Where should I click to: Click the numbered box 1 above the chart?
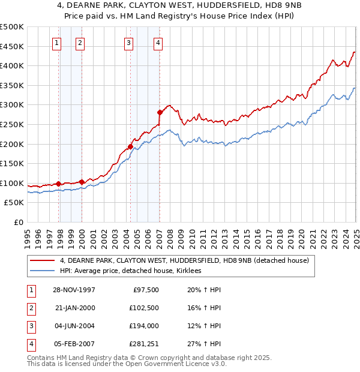click(x=56, y=42)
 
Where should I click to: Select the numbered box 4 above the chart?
click(x=157, y=42)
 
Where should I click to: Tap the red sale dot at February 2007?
click(x=160, y=112)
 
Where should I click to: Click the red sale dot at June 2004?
click(x=130, y=146)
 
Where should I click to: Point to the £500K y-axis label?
click(x=12, y=27)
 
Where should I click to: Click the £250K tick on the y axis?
click(x=12, y=124)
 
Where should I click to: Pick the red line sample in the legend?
click(x=43, y=260)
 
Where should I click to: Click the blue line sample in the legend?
click(x=43, y=271)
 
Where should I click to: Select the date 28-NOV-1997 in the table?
click(x=71, y=290)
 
